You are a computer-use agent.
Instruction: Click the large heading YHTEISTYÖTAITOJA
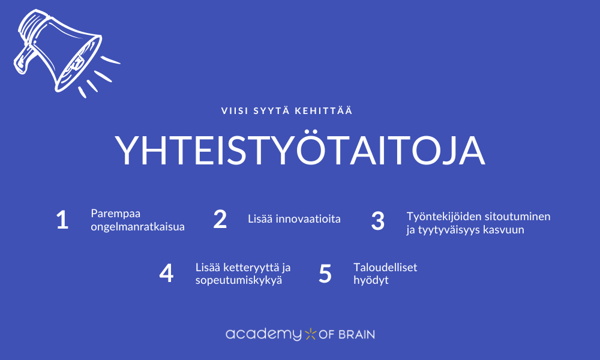coord(300,151)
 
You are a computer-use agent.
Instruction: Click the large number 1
coord(62,220)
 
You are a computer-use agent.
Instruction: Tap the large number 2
coord(220,220)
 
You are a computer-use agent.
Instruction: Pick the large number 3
coord(377,221)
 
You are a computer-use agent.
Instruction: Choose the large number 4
coord(166,274)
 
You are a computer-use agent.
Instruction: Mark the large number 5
coord(325,274)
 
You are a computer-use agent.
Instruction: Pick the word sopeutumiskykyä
coord(239,280)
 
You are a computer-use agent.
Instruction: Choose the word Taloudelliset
coord(385,268)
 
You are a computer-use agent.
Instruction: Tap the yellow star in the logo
coord(310,334)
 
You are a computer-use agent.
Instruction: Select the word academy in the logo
coord(263,334)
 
